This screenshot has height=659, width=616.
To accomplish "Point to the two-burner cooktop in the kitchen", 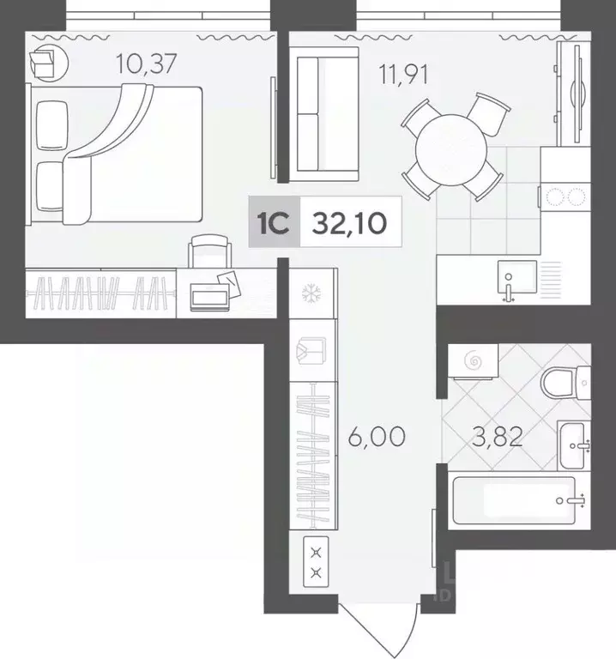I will tap(565, 196).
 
